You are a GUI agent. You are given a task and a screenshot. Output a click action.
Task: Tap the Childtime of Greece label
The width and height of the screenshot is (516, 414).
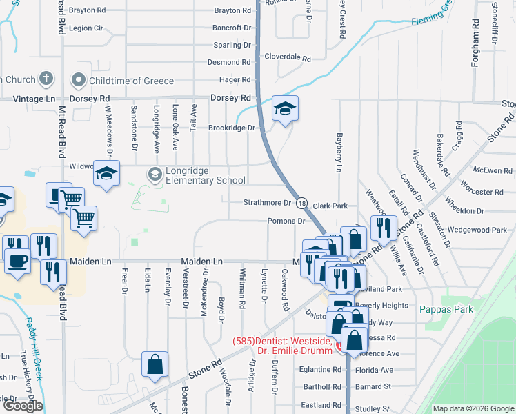[x=131, y=81]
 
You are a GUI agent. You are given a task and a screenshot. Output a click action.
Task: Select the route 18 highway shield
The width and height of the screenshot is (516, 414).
[x=301, y=203]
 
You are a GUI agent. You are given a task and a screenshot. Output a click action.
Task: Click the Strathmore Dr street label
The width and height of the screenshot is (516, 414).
[x=267, y=203]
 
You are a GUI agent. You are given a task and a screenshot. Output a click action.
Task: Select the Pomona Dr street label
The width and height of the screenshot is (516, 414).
[x=286, y=221]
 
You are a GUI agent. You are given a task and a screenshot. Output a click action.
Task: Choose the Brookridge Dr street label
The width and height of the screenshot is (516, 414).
[x=232, y=128]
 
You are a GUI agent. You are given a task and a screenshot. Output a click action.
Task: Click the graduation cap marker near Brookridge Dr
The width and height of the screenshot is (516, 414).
[x=285, y=109]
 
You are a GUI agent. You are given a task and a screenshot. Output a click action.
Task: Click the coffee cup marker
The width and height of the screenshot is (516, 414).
[x=17, y=262]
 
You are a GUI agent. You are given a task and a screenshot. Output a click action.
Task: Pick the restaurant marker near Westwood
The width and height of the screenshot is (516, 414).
[x=381, y=227]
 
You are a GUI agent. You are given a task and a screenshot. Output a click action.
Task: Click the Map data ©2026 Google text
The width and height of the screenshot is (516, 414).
[x=473, y=408]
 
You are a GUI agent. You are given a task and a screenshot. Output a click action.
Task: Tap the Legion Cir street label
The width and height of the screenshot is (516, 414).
[x=86, y=28]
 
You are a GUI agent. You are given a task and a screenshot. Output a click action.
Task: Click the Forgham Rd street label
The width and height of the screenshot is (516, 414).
[x=475, y=48]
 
